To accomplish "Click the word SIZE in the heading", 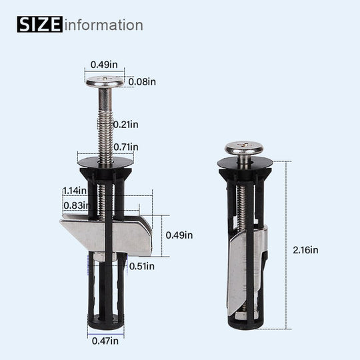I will (39, 25).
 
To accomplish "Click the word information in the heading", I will (103, 25).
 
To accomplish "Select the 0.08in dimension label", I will (142, 81).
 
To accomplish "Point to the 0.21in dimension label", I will (125, 124).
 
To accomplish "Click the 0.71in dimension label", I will (125, 147).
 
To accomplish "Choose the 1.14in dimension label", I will (75, 190).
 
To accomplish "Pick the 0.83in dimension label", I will (75, 205).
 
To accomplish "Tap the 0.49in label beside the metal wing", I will (179, 235).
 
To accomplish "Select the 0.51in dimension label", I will (141, 266).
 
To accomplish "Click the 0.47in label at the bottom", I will (105, 341).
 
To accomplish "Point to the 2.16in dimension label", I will (305, 250).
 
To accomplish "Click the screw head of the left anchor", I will (106, 82).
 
